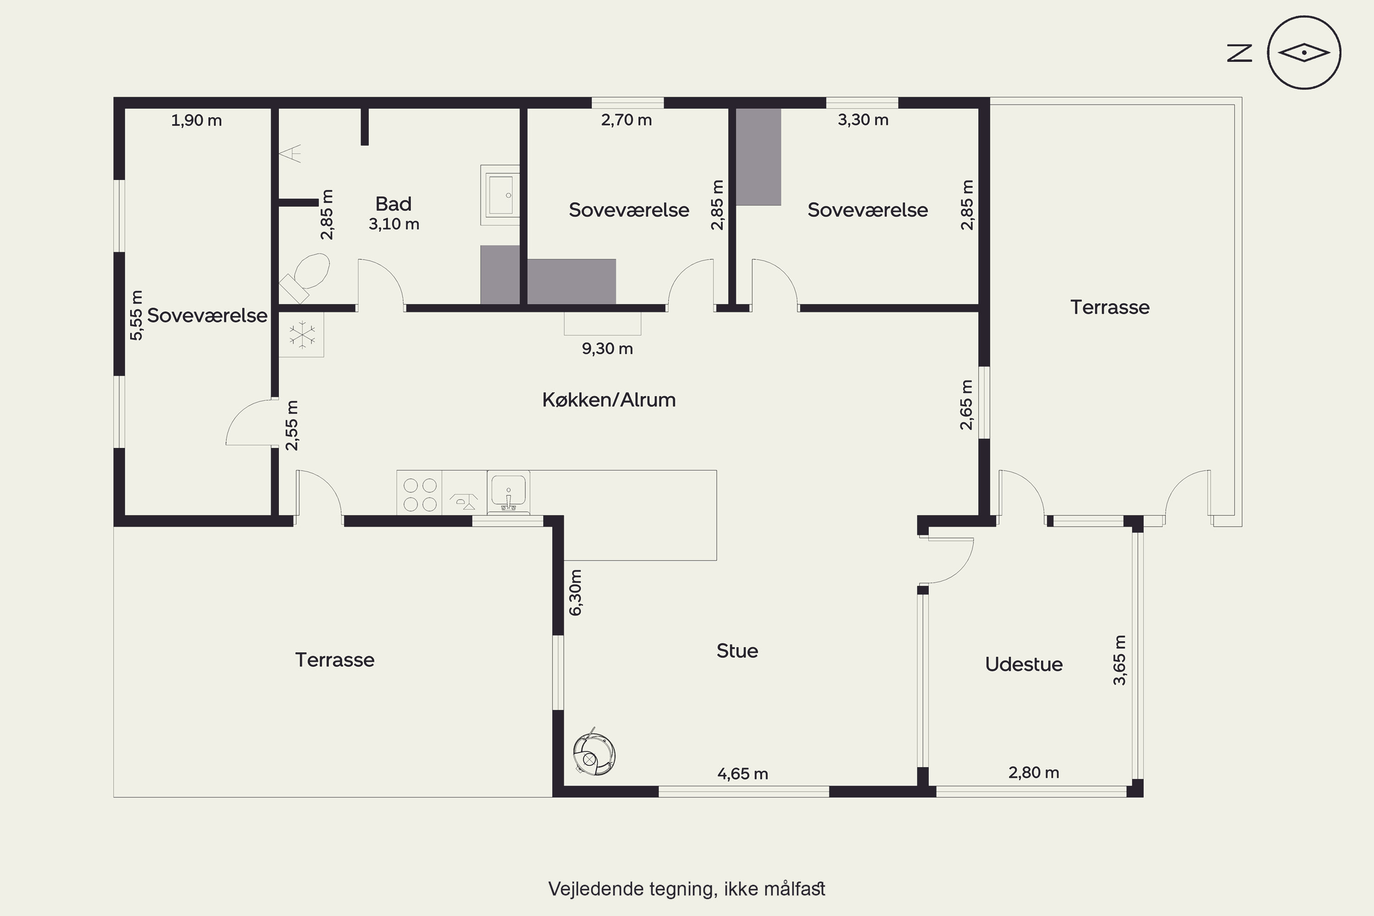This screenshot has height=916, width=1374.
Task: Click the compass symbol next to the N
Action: pyautogui.click(x=1304, y=53)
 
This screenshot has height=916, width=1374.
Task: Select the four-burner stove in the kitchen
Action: pyautogui.click(x=420, y=494)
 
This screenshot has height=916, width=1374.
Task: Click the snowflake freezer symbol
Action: pyautogui.click(x=301, y=335)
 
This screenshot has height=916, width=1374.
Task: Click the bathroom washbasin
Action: pyautogui.click(x=500, y=195)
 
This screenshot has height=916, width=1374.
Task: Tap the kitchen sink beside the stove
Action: pyautogui.click(x=508, y=492)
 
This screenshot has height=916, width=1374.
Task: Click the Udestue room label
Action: pyautogui.click(x=1024, y=664)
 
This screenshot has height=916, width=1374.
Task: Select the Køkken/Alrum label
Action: pyautogui.click(x=609, y=399)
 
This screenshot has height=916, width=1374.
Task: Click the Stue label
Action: pyautogui.click(x=737, y=651)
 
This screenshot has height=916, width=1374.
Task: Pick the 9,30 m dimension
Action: pyautogui.click(x=607, y=349)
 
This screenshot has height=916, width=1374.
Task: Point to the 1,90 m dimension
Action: pyautogui.click(x=196, y=120)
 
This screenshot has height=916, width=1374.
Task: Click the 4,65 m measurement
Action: pyautogui.click(x=742, y=774)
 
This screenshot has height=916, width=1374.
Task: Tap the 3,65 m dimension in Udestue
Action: pyautogui.click(x=1119, y=660)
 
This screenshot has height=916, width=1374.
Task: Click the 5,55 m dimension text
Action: pyautogui.click(x=136, y=316)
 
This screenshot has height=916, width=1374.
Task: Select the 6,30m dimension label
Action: pyautogui.click(x=575, y=592)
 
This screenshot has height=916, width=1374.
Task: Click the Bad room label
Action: pyautogui.click(x=393, y=204)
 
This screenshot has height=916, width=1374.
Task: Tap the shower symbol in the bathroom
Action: pyautogui.click(x=290, y=153)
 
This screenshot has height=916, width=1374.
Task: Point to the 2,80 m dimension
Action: pyautogui.click(x=1033, y=773)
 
